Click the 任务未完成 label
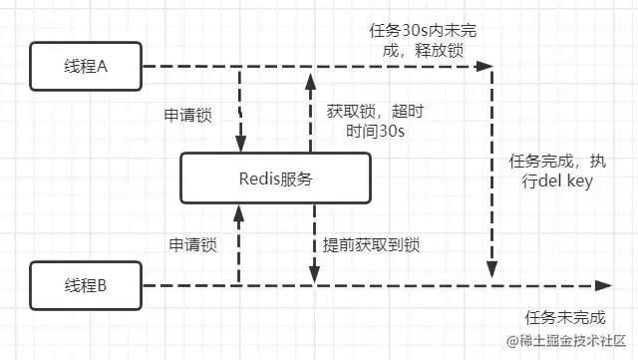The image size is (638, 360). [x=564, y=317]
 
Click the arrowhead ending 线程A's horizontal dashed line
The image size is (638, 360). [x=485, y=67]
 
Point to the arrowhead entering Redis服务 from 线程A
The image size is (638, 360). [x=240, y=145]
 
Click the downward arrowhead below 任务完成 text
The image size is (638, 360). [x=490, y=269]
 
